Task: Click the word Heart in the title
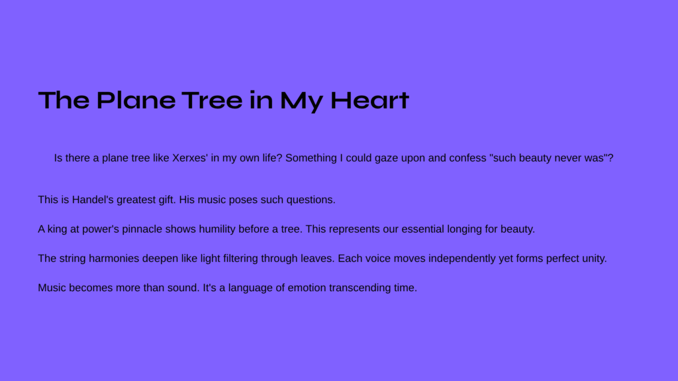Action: click(369, 101)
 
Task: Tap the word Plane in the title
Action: click(136, 101)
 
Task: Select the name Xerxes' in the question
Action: click(190, 158)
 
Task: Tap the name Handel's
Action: click(93, 200)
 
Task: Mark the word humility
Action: click(217, 230)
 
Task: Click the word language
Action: click(250, 288)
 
